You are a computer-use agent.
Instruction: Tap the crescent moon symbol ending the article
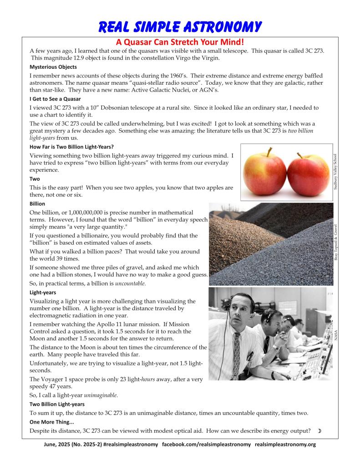pyautogui.click(x=319, y=431)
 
